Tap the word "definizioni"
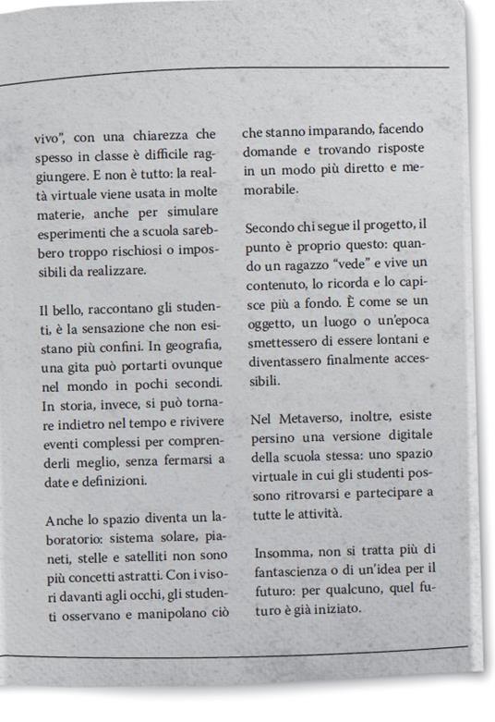112,481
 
